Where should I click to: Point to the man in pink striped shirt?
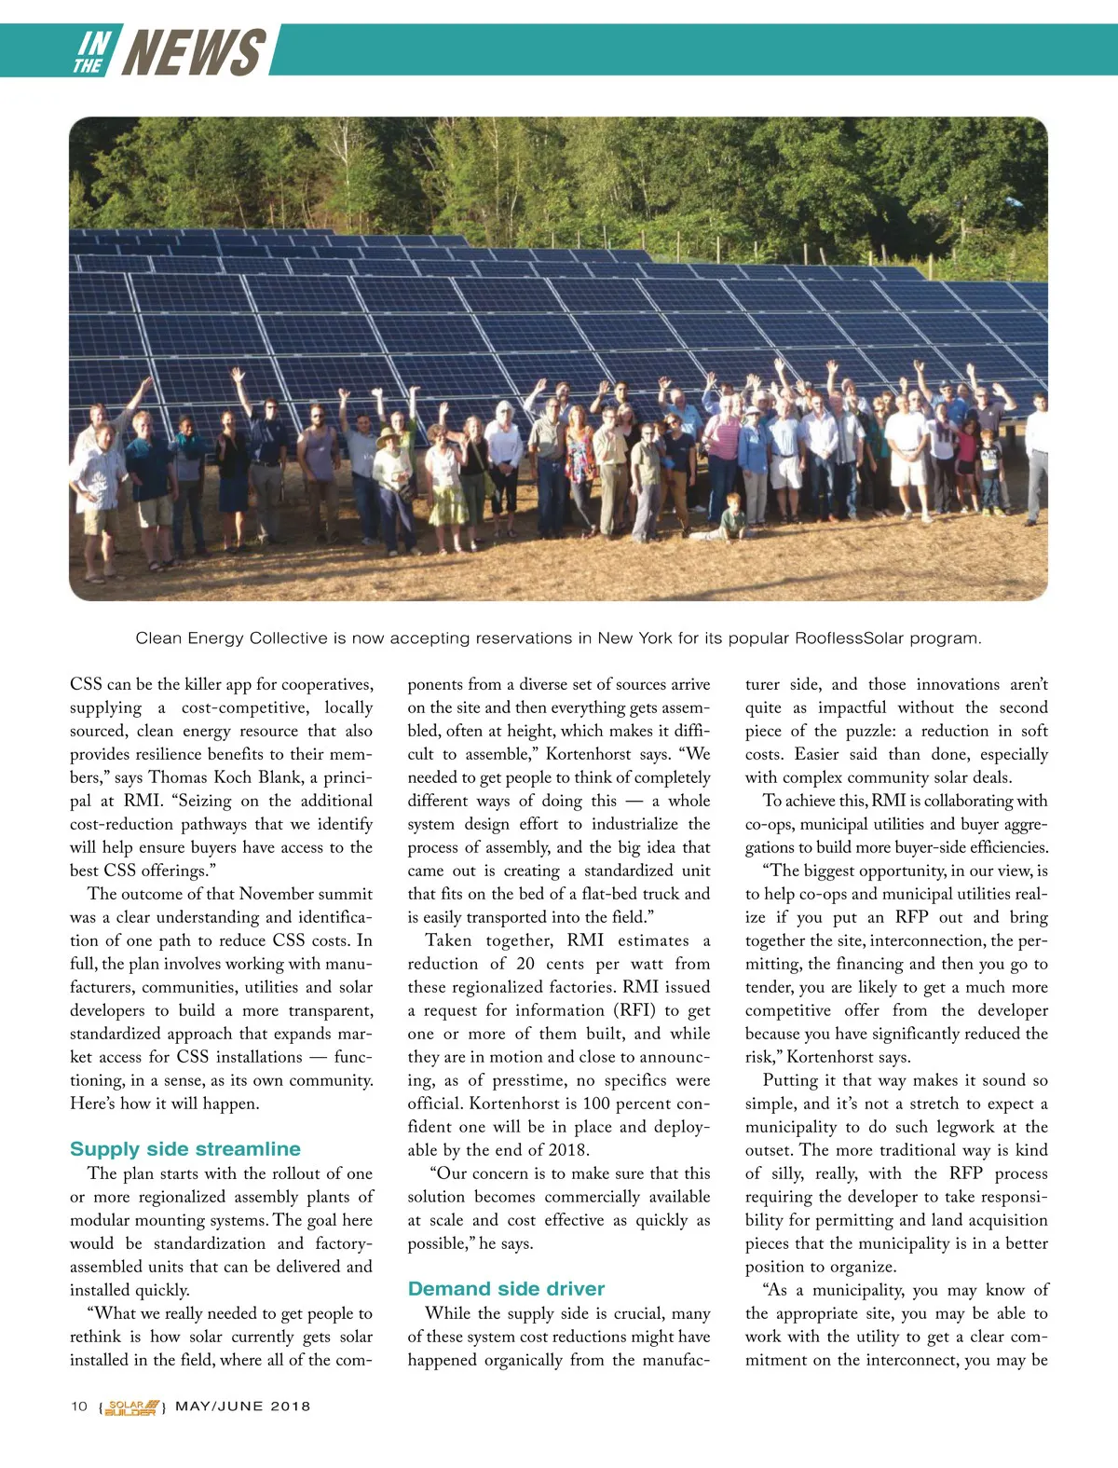[722, 457]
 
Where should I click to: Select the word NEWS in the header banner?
[194, 52]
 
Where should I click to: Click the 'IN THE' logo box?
[92, 52]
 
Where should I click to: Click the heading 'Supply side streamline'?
[185, 1149]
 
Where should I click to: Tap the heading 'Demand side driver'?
[506, 1289]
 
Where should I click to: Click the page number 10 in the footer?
[79, 1406]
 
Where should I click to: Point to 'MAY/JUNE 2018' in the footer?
[243, 1406]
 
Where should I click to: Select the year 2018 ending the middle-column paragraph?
[567, 1150]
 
